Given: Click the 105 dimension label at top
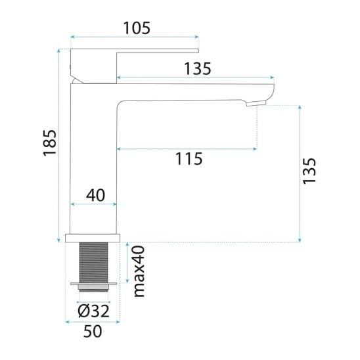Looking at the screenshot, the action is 137,28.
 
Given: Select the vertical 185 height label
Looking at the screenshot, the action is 50,143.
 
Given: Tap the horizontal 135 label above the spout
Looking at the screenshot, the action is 198,68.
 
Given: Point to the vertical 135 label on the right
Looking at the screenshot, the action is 309,171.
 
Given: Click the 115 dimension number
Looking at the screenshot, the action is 189,159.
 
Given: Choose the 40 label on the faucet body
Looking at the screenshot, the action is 95,195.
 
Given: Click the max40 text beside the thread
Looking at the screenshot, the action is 139,271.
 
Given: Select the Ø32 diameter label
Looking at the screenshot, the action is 93,311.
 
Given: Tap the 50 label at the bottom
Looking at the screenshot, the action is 93,331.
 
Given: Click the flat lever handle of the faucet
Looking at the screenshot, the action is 135,51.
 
